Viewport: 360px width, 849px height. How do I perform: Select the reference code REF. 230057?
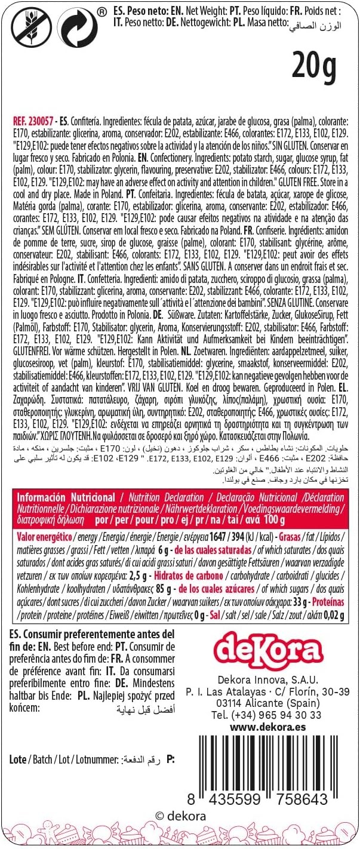(34, 119)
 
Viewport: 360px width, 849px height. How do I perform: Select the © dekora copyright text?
(180, 816)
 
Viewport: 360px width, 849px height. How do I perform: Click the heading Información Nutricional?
(66, 497)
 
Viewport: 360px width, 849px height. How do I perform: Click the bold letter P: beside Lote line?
(171, 759)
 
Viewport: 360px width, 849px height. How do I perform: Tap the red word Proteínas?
(328, 603)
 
